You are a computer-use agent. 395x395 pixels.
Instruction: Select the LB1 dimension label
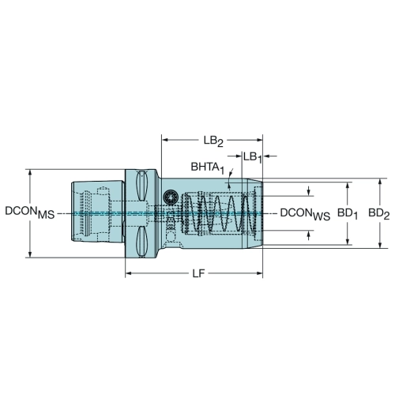(x=252, y=158)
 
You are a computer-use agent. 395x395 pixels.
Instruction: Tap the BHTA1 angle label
(x=208, y=168)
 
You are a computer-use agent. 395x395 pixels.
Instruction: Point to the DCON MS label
(x=30, y=213)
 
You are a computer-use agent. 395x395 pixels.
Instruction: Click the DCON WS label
(x=305, y=214)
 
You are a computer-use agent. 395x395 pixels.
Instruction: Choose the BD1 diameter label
(x=348, y=214)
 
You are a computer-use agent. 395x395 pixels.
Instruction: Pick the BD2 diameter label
(x=379, y=214)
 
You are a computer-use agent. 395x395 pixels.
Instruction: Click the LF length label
(x=198, y=274)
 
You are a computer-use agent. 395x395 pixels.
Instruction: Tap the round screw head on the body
(x=170, y=197)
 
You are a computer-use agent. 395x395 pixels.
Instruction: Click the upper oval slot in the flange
(x=141, y=185)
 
